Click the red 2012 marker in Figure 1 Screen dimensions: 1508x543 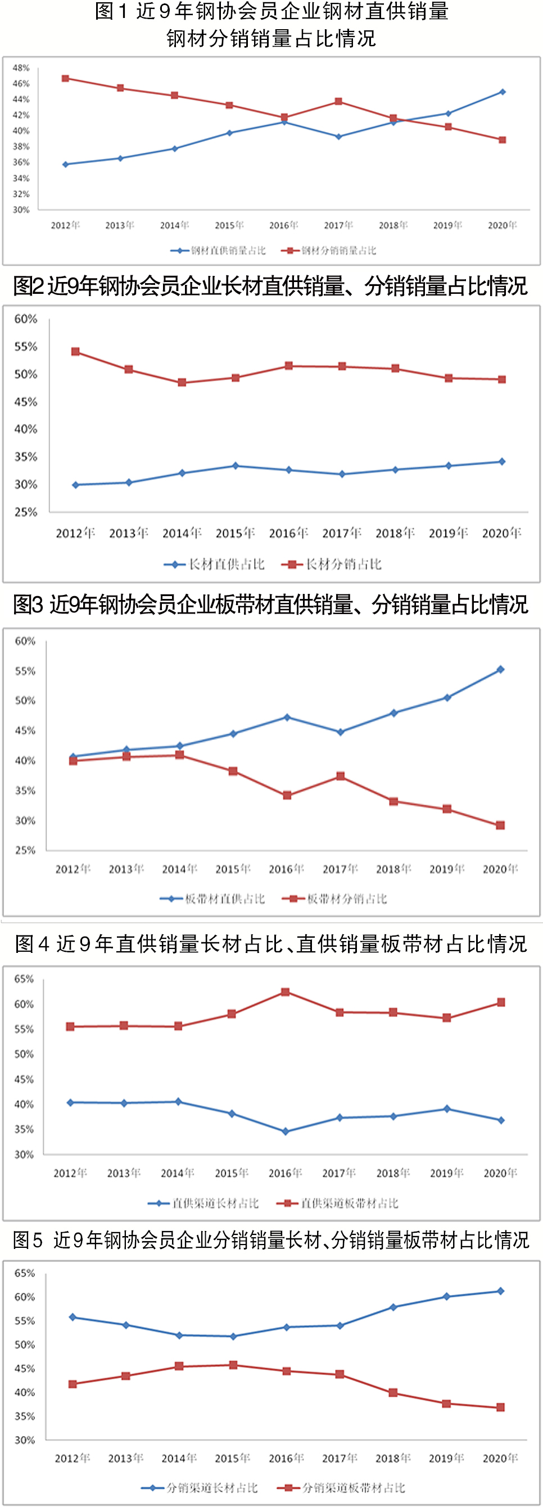pyautogui.click(x=66, y=79)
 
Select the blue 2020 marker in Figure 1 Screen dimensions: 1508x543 pyautogui.click(x=503, y=92)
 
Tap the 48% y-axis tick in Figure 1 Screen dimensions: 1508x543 pyautogui.click(x=21, y=68)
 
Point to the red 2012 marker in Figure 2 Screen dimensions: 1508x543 pyautogui.click(x=75, y=352)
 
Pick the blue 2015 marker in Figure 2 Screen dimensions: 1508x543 pyautogui.click(x=236, y=466)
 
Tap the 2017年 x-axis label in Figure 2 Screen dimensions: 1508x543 pyautogui.click(x=342, y=533)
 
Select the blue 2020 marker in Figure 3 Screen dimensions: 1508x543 pyautogui.click(x=500, y=670)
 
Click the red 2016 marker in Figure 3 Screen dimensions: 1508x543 pyautogui.click(x=287, y=796)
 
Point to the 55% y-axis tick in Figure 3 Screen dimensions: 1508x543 pyautogui.click(x=25, y=671)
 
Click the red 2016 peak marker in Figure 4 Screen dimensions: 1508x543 pyautogui.click(x=285, y=992)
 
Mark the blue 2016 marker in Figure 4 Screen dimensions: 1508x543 pyautogui.click(x=285, y=1132)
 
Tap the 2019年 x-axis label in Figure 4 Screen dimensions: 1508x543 pyautogui.click(x=446, y=1173)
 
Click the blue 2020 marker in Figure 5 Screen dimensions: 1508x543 pyautogui.click(x=500, y=1291)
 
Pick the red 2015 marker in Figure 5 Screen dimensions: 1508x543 pyautogui.click(x=233, y=1365)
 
